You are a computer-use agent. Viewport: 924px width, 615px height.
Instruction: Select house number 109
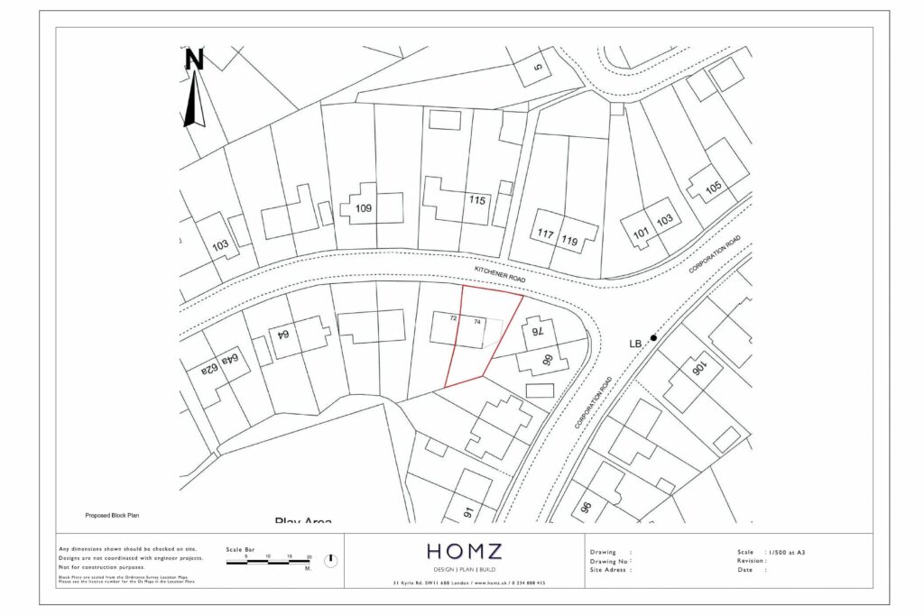(364, 208)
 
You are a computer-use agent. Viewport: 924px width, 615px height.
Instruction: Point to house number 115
(478, 199)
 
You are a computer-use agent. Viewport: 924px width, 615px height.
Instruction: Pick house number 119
(569, 240)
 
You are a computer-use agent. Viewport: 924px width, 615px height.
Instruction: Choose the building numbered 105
(714, 188)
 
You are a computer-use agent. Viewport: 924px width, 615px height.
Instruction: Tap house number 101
(642, 233)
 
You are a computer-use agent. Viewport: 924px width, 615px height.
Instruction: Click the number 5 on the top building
(538, 66)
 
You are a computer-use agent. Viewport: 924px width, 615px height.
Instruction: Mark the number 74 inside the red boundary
(476, 321)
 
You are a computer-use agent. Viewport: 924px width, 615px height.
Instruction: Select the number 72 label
(453, 319)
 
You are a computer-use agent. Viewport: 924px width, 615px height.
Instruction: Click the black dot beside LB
(653, 337)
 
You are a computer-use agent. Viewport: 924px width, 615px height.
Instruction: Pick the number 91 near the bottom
(468, 512)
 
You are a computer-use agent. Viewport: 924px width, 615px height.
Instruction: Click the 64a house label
(231, 363)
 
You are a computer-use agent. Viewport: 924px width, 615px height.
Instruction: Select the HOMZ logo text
(464, 551)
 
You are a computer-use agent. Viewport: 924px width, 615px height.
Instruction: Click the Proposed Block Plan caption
(113, 516)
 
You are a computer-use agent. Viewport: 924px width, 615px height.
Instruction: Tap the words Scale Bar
(240, 549)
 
